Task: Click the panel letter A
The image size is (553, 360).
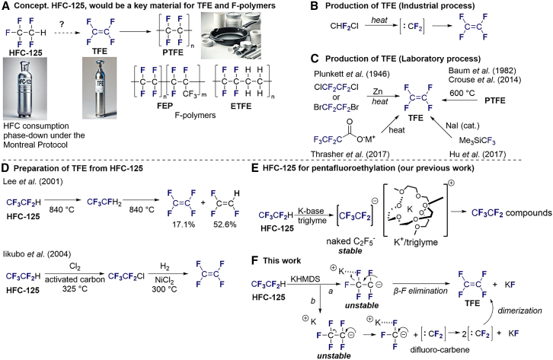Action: (7, 8)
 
